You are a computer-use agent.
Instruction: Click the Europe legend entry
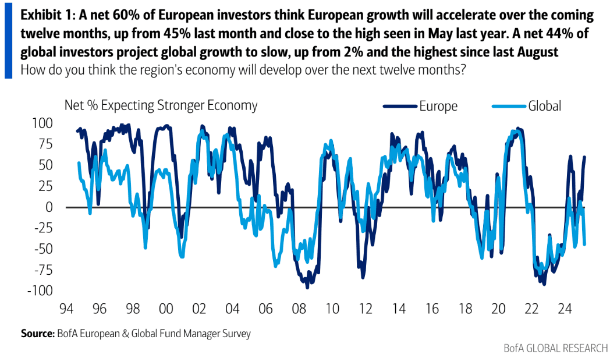pos(438,106)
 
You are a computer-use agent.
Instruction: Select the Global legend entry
pos(544,106)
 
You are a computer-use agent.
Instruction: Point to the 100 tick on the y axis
pos(43,123)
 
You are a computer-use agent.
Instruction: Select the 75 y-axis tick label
pos(45,144)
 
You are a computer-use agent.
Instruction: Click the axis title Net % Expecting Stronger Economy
pos(161,105)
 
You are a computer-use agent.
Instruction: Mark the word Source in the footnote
pos(37,334)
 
